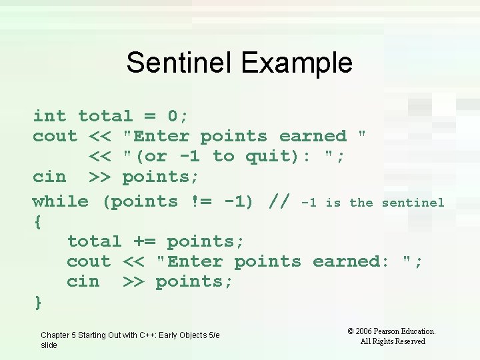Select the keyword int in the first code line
[50, 116]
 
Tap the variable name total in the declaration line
[105, 116]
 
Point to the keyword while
[61, 201]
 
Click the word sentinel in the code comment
[413, 202]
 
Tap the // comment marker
[279, 201]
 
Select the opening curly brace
[37, 222]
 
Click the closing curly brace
[38, 302]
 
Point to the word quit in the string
[267, 157]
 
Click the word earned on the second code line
[313, 137]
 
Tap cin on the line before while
[50, 177]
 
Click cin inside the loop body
[83, 282]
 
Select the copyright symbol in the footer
[351, 331]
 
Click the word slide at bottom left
[49, 345]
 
